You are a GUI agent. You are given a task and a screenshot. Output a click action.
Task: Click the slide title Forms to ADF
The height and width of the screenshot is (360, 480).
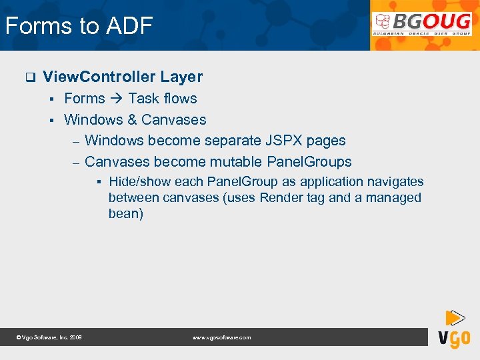(x=79, y=26)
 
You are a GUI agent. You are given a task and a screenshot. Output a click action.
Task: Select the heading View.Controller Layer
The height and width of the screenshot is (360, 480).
(x=123, y=77)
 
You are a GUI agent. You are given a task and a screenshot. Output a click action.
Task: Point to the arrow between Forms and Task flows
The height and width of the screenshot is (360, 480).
(x=117, y=99)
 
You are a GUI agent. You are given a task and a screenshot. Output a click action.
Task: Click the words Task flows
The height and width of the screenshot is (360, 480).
(x=163, y=99)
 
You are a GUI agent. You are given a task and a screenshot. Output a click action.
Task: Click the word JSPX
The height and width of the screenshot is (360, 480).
(x=283, y=141)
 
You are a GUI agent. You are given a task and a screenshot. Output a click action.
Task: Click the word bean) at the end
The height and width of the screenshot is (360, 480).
(x=126, y=214)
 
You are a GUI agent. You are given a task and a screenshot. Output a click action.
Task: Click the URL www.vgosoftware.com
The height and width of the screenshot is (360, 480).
(x=221, y=338)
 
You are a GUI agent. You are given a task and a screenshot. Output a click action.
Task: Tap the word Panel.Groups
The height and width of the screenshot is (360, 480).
(x=309, y=162)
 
